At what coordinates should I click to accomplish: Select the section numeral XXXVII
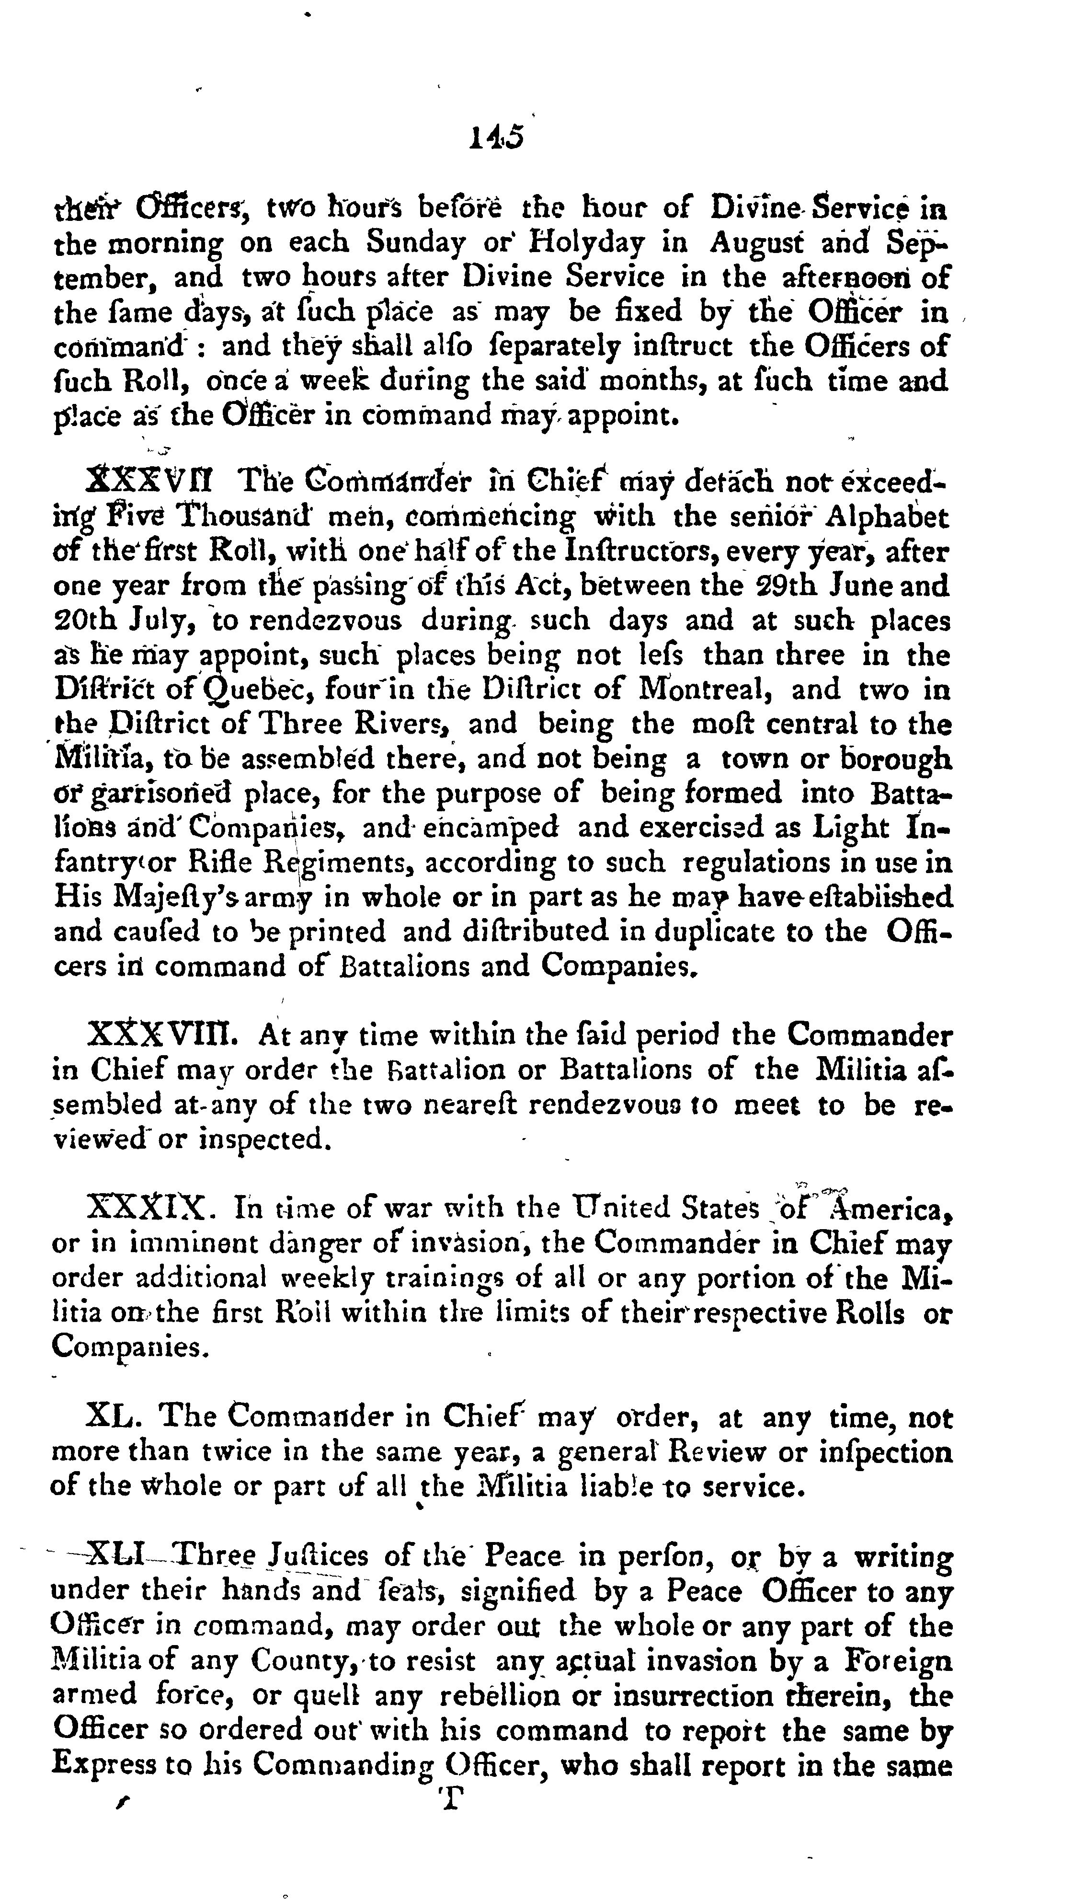coord(149,482)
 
